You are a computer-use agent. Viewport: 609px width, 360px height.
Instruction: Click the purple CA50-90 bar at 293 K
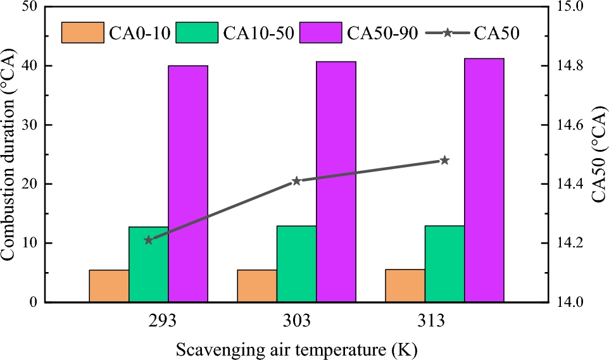pos(188,183)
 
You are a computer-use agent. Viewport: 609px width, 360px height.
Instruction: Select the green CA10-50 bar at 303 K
pos(296,264)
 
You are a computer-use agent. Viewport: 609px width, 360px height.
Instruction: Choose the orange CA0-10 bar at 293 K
pos(109,286)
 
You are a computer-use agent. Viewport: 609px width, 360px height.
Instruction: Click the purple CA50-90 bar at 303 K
pos(336,182)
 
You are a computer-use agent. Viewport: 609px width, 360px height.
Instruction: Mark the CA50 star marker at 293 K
pos(148,240)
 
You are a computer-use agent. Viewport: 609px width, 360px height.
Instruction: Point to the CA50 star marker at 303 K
pos(296,181)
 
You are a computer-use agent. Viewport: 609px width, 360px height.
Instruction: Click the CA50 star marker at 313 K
pos(444,160)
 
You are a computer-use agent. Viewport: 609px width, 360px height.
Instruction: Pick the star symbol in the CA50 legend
pos(447,32)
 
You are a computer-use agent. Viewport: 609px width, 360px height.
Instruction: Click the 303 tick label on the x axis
pos(296,321)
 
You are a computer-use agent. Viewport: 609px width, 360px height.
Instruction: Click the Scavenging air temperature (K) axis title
pos(296,349)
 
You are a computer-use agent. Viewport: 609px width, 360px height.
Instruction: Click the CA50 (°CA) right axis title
pos(599,154)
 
